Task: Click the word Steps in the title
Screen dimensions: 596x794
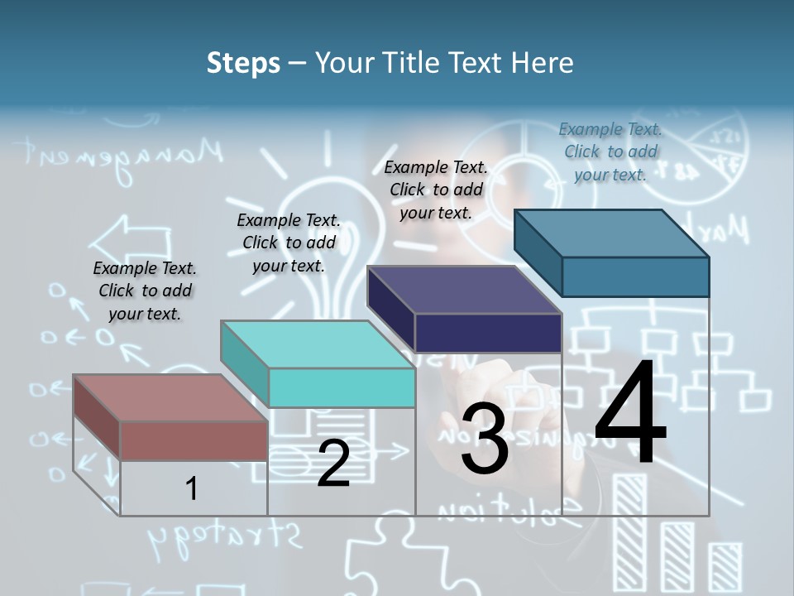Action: point(243,63)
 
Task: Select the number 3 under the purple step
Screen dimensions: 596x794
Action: point(485,439)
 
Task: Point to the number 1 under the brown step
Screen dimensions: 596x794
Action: point(191,488)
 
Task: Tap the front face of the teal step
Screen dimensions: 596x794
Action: point(342,387)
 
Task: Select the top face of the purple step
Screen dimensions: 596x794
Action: point(463,290)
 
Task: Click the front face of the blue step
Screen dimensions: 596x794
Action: point(635,276)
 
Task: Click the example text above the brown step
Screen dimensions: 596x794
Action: point(145,291)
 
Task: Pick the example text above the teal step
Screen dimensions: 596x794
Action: point(289,243)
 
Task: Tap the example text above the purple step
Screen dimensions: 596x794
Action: point(436,190)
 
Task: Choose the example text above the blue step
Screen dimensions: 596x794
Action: point(610,151)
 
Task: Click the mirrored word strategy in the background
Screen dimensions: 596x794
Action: point(223,540)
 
